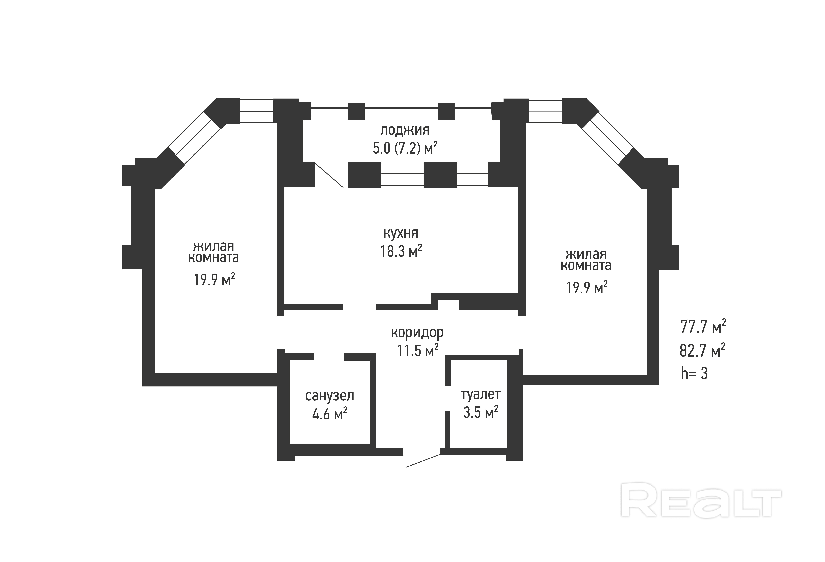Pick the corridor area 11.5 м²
tap(417, 351)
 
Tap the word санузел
tap(329, 396)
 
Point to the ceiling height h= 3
tap(694, 374)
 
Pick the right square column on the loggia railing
tap(446, 111)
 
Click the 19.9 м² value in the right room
tap(586, 287)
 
